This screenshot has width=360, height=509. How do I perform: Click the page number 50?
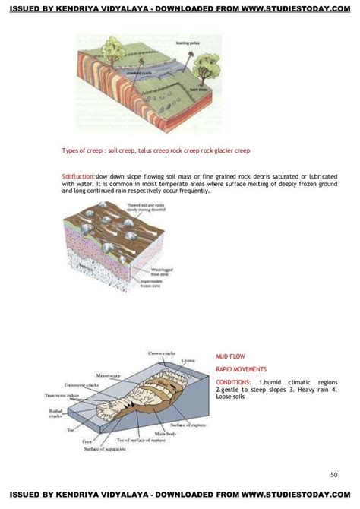334,475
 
